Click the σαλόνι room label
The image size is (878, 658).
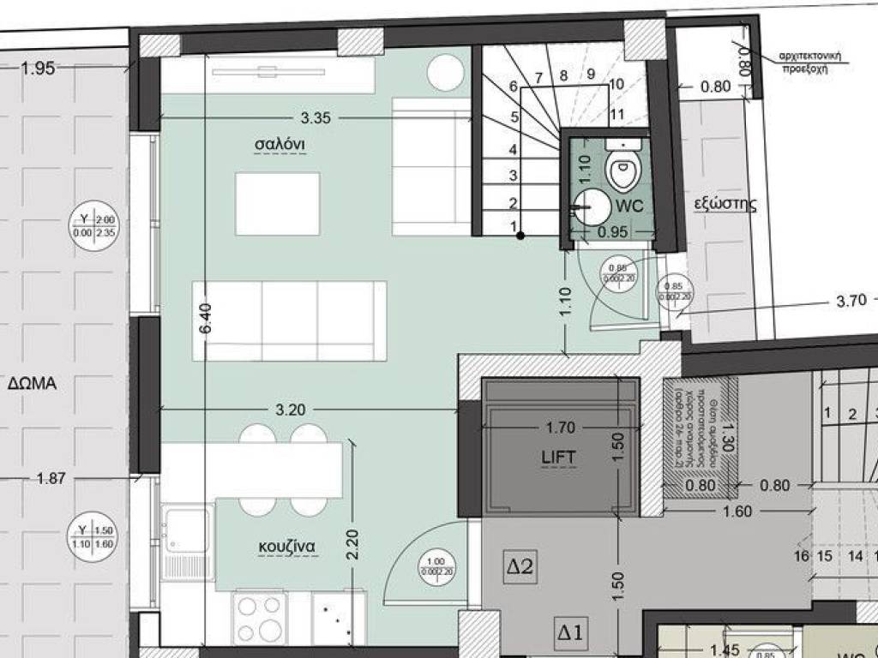pos(280,144)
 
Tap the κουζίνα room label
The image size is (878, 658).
pos(287,546)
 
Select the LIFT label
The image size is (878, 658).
pos(558,458)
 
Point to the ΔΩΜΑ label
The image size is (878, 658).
pos(32,384)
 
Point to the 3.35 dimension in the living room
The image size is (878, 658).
pos(316,117)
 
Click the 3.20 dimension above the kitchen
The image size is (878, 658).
pos(291,410)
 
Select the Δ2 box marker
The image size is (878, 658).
pos(520,565)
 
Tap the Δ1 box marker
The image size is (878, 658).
pos(570,633)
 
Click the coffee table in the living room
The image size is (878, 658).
pos(278,204)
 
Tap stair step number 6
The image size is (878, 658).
pos(513,87)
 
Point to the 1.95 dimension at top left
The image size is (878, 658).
pos(38,69)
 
